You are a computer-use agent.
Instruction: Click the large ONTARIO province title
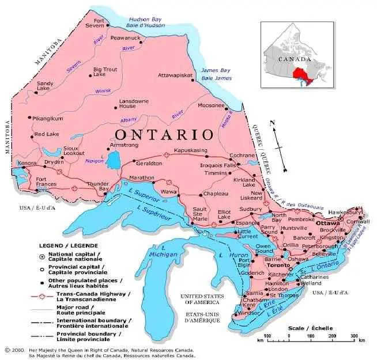pos(164,134)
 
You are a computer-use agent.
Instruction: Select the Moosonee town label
pos(211,105)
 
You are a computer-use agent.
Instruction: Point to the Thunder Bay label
pos(97,187)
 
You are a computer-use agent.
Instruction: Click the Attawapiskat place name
pos(180,75)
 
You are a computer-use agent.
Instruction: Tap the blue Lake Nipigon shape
pos(113,162)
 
